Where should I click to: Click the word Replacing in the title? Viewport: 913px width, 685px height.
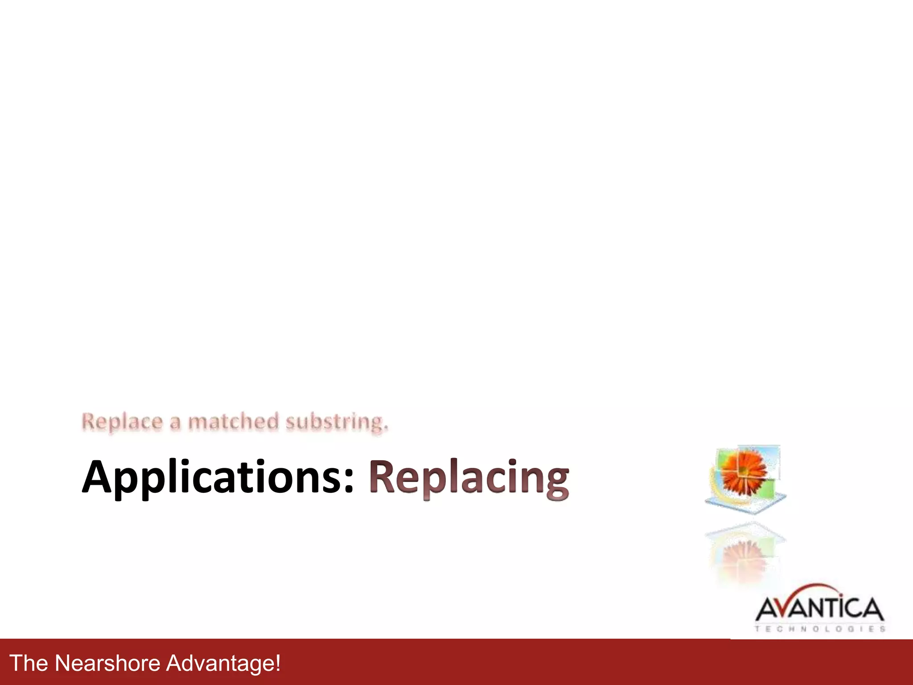pyautogui.click(x=469, y=478)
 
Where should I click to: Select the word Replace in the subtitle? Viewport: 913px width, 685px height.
pyautogui.click(x=122, y=422)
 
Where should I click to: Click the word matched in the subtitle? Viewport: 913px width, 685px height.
pyautogui.click(x=233, y=421)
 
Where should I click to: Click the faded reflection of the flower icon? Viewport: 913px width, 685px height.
pyautogui.click(x=744, y=553)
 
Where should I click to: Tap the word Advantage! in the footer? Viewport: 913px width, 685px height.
pyautogui.click(x=223, y=663)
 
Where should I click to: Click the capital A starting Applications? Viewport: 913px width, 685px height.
pyautogui.click(x=99, y=477)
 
